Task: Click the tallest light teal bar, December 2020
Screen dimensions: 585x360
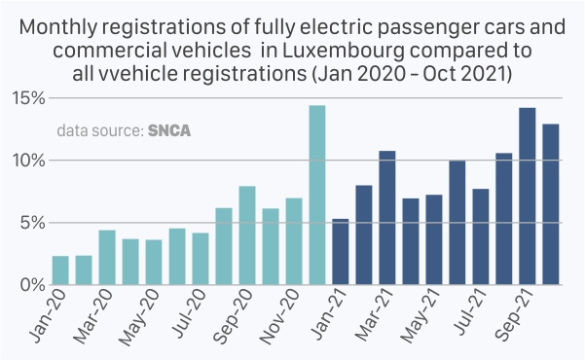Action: pyautogui.click(x=317, y=195)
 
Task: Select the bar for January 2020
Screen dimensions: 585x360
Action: pyautogui.click(x=60, y=270)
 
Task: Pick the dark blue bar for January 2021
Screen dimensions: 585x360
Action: pyautogui.click(x=341, y=252)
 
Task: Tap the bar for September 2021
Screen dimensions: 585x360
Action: pyautogui.click(x=528, y=197)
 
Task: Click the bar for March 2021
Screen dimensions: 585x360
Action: pyautogui.click(x=387, y=218)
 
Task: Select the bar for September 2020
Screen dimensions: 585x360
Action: pyautogui.click(x=247, y=235)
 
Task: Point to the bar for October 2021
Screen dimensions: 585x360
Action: pyautogui.click(x=551, y=204)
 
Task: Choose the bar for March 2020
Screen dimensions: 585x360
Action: pyautogui.click(x=107, y=258)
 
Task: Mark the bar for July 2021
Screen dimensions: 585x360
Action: pyautogui.click(x=481, y=236)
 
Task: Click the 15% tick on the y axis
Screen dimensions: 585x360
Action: pyautogui.click(x=29, y=98)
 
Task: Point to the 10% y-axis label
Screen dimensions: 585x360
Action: pyautogui.click(x=29, y=161)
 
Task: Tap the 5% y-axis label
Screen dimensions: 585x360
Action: pyautogui.click(x=33, y=223)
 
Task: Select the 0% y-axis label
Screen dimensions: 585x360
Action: pyautogui.click(x=33, y=285)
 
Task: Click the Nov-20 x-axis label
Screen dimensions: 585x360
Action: pyautogui.click(x=279, y=317)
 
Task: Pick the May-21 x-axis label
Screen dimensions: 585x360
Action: pyautogui.click(x=420, y=317)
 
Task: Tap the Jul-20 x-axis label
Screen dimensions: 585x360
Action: pyautogui.click(x=189, y=314)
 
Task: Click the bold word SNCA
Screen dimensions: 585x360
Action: pyautogui.click(x=169, y=130)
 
